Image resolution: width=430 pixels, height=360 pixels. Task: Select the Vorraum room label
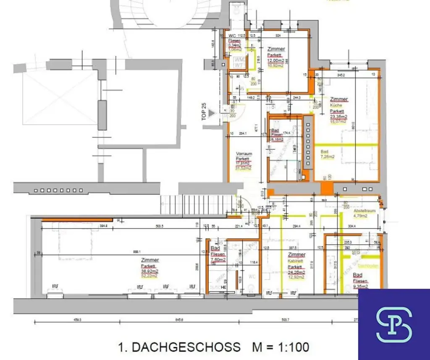point(244,153)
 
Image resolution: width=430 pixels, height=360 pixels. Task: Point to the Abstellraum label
point(364,211)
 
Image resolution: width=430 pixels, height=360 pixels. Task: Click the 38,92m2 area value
point(150,271)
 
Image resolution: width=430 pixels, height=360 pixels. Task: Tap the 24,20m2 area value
point(297,272)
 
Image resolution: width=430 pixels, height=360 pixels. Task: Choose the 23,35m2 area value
point(338,117)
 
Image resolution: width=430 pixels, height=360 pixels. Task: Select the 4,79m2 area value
point(360,216)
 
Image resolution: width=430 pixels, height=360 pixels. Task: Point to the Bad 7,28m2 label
point(328,154)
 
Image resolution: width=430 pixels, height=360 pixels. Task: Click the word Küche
point(336,105)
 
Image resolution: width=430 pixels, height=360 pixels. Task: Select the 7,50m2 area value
point(218,260)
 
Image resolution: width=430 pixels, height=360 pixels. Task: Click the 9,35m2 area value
point(361,287)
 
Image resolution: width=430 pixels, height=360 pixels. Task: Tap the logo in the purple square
point(394,324)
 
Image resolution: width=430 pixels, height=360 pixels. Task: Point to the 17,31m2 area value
point(244,164)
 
